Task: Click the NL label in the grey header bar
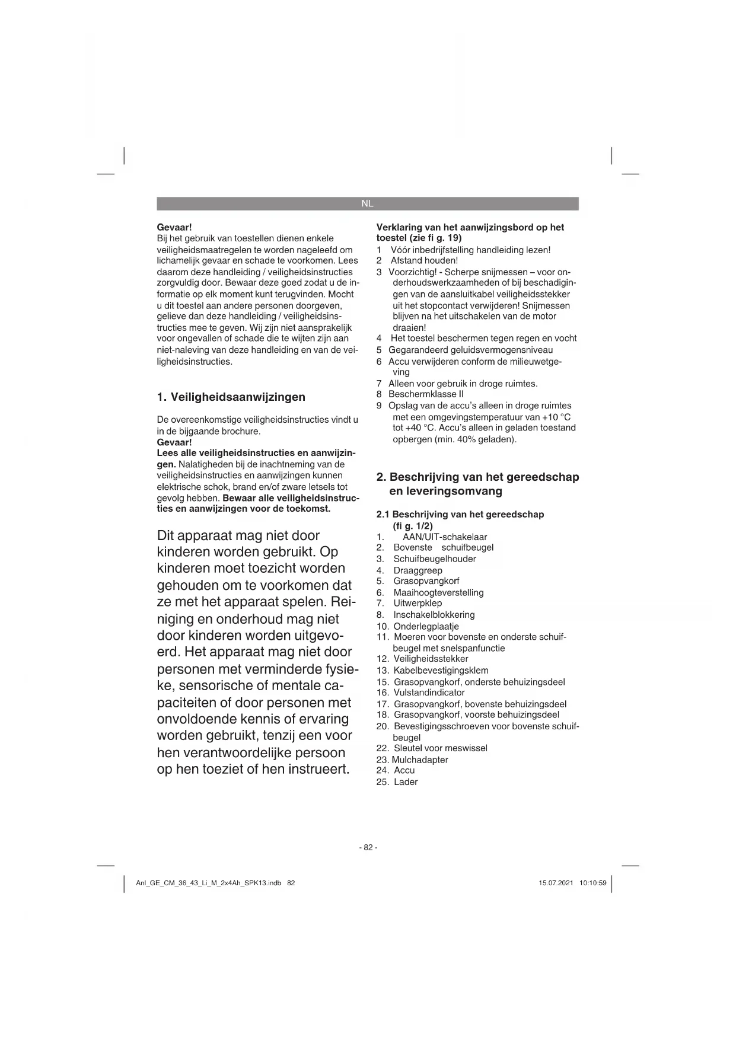coord(367,203)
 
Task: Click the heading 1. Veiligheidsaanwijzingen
coord(231,397)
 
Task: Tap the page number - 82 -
coord(368,847)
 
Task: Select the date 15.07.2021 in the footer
coord(556,883)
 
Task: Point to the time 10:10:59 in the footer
coord(593,883)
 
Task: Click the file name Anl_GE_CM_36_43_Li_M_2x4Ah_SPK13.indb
coord(208,883)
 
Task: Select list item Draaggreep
coord(418,570)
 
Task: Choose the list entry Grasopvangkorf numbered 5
coord(426,581)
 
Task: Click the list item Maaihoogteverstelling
coord(438,592)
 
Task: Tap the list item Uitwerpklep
coord(418,603)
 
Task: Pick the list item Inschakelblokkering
coord(434,615)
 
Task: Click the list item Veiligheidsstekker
coord(431,659)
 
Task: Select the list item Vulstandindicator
coord(429,693)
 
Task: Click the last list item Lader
coord(406,782)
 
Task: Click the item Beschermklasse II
coord(426,394)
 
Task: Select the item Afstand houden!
coord(424,260)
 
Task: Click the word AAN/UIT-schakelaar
coord(445,537)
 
